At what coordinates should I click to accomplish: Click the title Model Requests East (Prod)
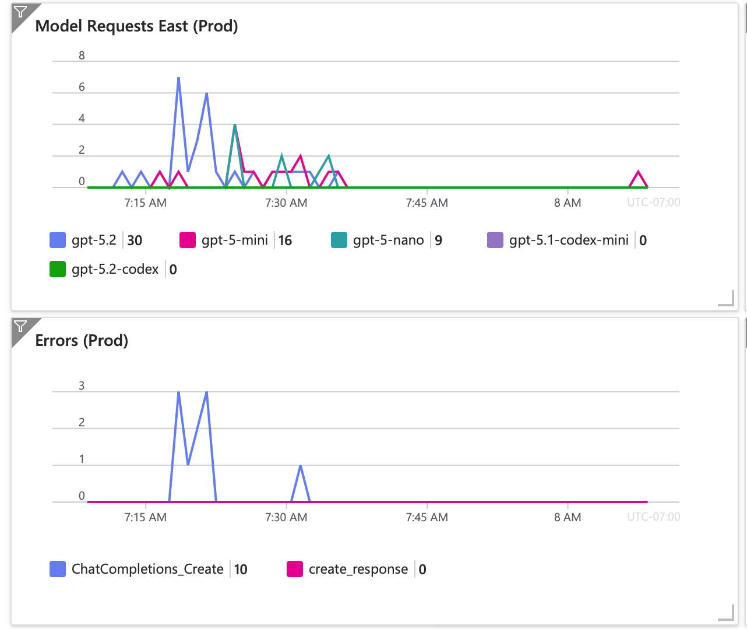[x=136, y=26]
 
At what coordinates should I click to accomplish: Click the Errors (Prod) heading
[x=82, y=341]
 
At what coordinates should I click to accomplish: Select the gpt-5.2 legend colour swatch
[x=58, y=240]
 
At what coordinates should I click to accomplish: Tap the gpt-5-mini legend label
[x=234, y=240]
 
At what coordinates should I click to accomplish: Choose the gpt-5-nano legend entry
[x=388, y=240]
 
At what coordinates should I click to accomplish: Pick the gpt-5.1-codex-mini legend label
[x=569, y=240]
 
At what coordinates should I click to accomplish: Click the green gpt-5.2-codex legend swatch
[x=58, y=269]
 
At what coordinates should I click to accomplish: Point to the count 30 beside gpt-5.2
[x=135, y=241]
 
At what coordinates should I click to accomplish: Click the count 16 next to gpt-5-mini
[x=285, y=241]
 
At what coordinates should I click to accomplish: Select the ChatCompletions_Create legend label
[x=147, y=569]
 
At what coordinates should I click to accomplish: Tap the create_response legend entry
[x=358, y=569]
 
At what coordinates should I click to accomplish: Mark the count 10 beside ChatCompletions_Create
[x=241, y=570]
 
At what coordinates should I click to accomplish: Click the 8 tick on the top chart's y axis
[x=82, y=56]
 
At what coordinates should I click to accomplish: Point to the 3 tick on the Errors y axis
[x=82, y=386]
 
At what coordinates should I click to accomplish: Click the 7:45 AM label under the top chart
[x=427, y=203]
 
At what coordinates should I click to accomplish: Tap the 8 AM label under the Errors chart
[x=568, y=517]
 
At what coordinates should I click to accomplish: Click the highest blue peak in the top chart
[x=178, y=78]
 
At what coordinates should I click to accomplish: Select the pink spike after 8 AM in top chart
[x=639, y=172]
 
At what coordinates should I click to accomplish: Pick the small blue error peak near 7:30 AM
[x=300, y=466]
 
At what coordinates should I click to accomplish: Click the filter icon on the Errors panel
[x=20, y=326]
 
